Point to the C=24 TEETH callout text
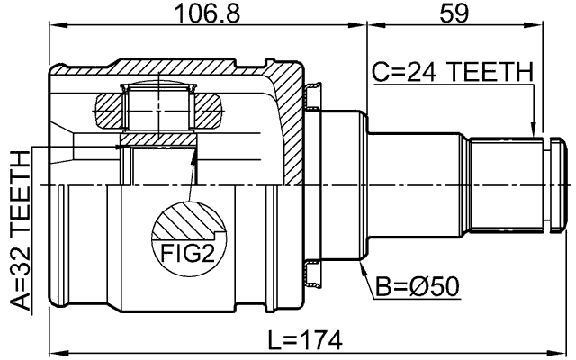(x=453, y=72)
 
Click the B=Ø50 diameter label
(x=417, y=286)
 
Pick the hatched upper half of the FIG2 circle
(x=188, y=220)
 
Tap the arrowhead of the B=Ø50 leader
(x=363, y=267)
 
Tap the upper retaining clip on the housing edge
(x=311, y=95)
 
